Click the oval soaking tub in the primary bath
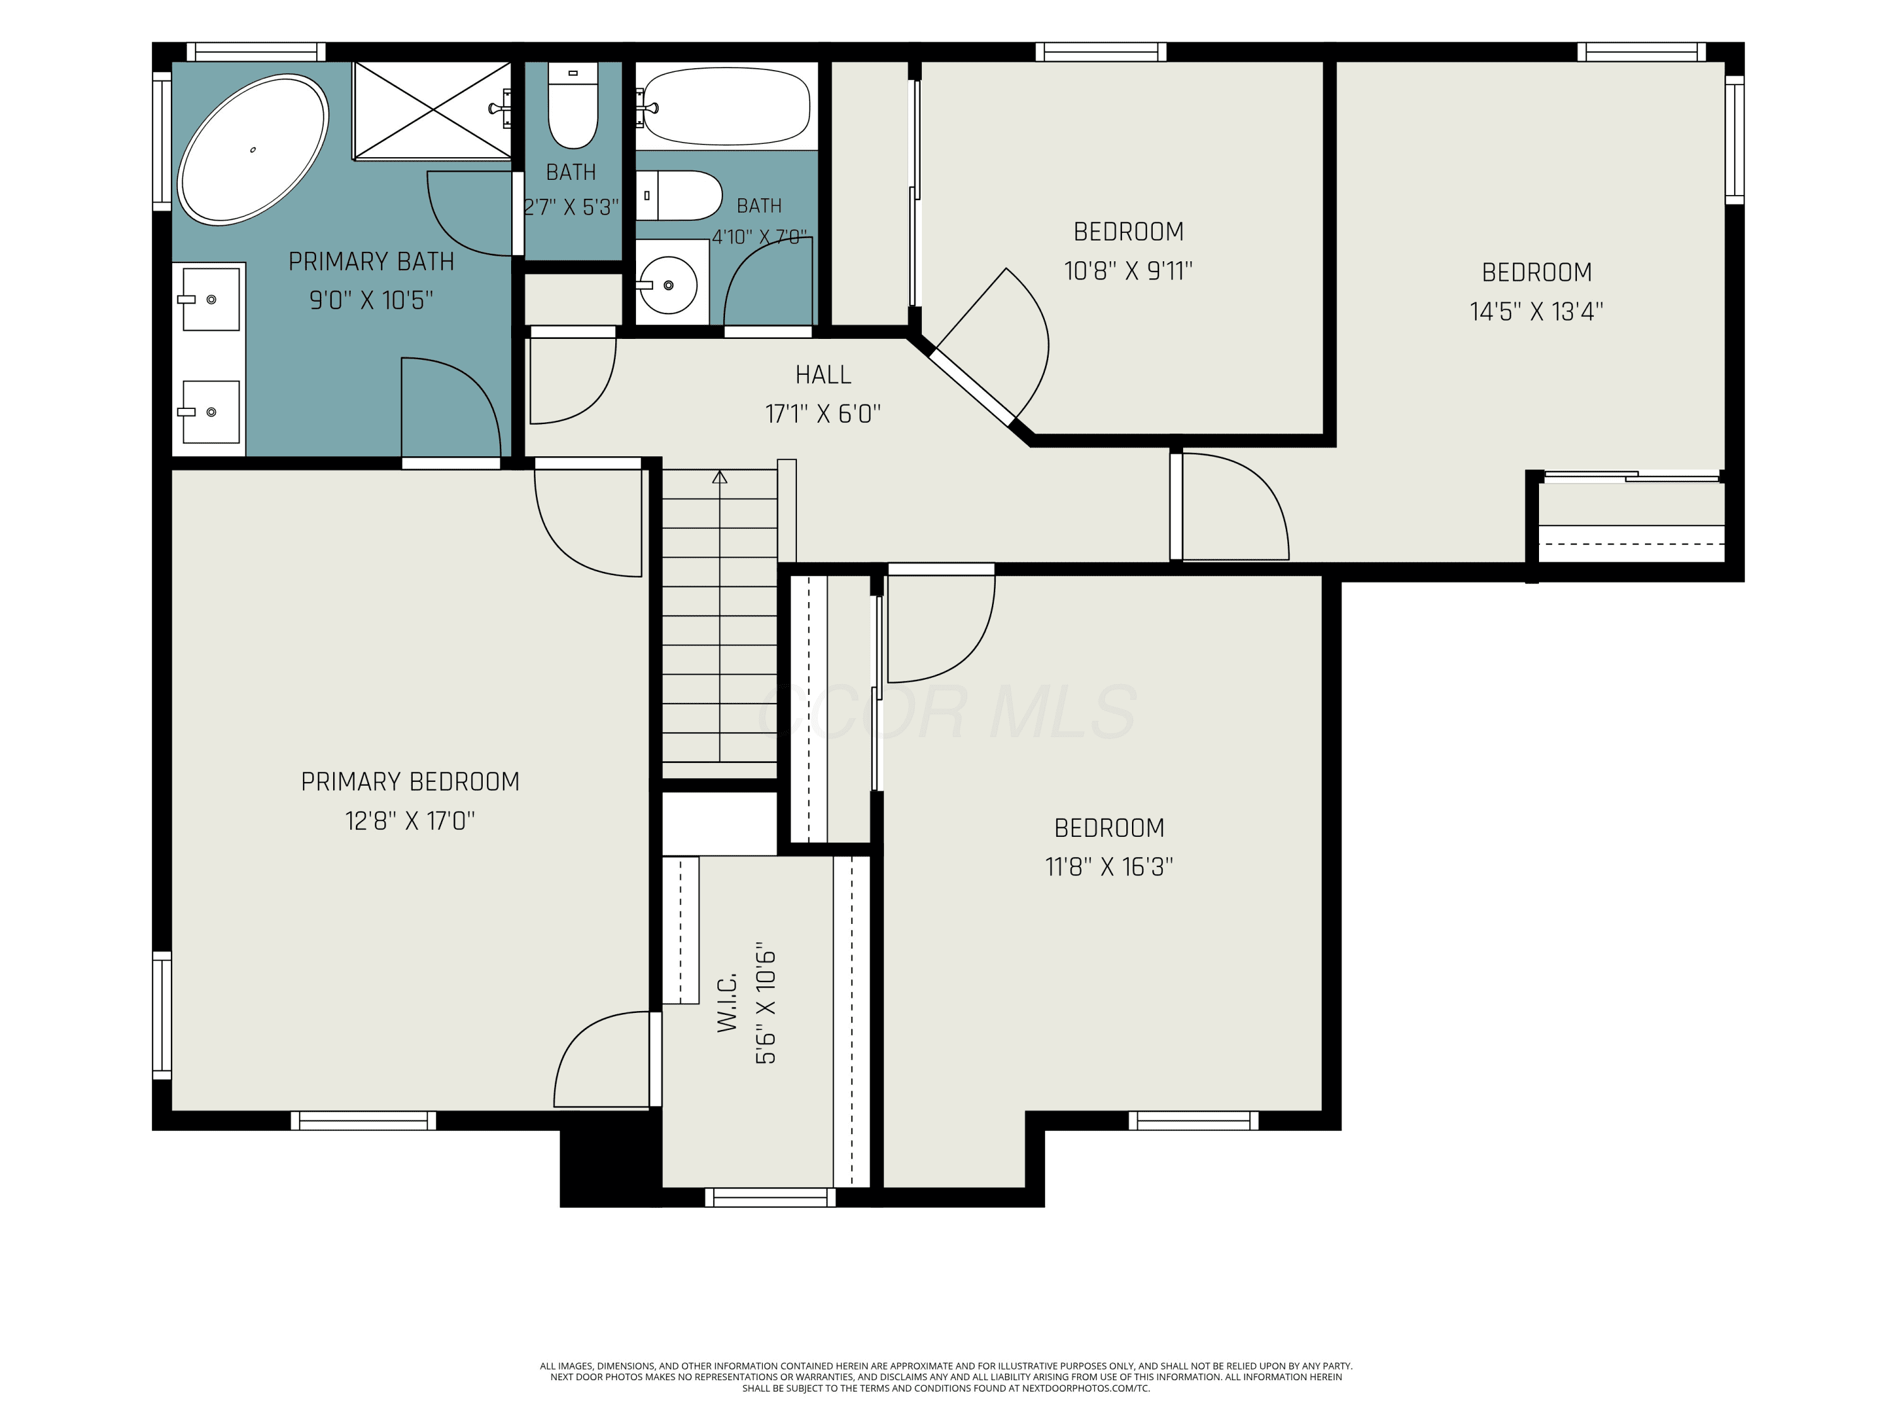coord(252,150)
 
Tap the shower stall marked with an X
coord(433,110)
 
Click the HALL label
coord(823,375)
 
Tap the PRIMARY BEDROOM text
coord(410,781)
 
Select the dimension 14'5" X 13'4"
coord(1536,312)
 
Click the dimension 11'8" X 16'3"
coord(1109,867)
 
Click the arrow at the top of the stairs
coord(720,476)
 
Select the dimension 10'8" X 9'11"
coord(1128,271)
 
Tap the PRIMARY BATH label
coord(372,261)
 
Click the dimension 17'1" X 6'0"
coord(823,414)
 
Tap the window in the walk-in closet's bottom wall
coord(770,1197)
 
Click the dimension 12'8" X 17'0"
coord(410,821)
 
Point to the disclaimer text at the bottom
coord(946,1377)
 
